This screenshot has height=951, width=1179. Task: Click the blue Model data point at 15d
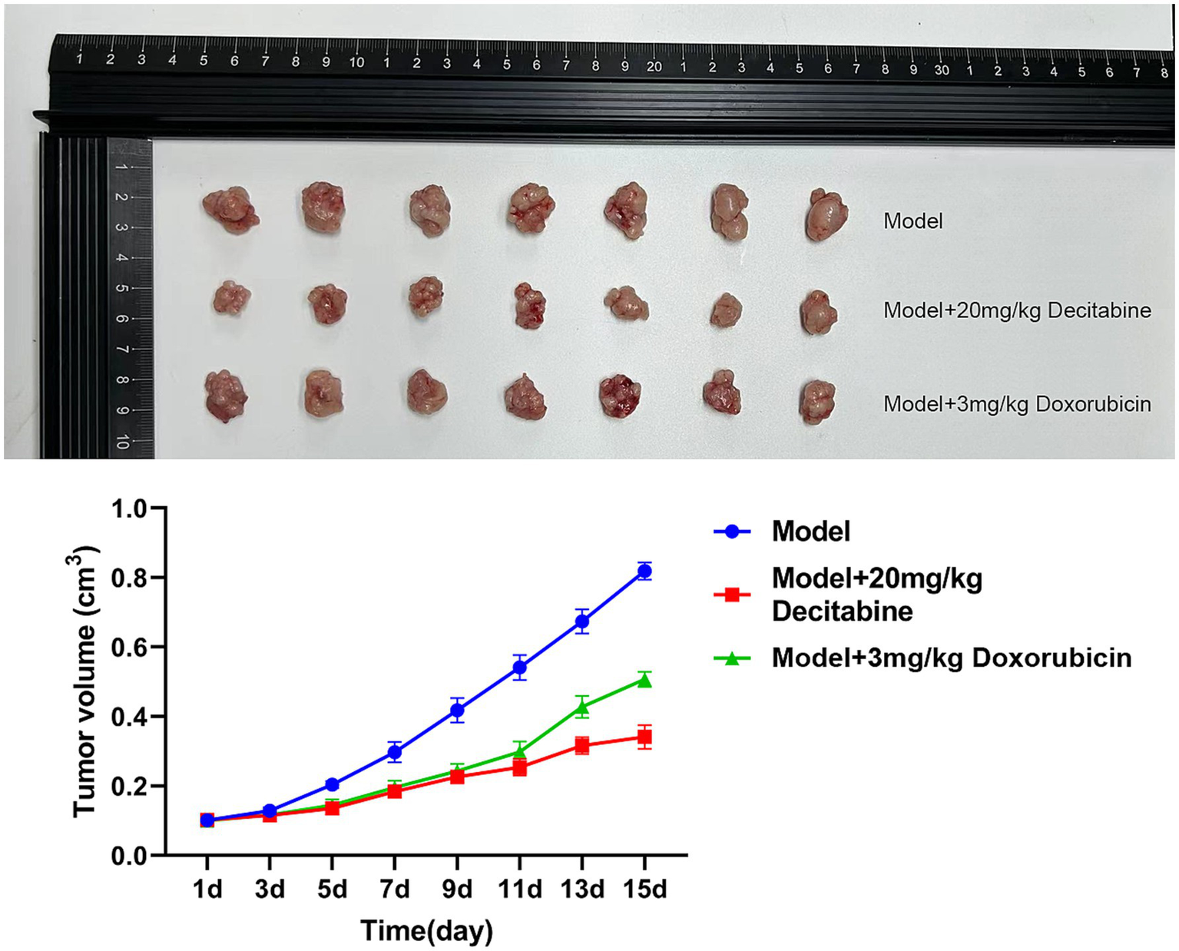point(644,571)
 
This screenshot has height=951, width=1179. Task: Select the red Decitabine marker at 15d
point(644,737)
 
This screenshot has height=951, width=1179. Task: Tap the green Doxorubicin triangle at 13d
point(582,707)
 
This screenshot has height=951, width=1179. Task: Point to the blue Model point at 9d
point(457,710)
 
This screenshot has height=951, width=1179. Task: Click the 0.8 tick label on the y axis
point(134,578)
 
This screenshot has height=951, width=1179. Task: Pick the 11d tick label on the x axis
point(519,889)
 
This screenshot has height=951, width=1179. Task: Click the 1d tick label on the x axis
point(207,889)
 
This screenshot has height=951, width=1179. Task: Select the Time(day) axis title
point(426,930)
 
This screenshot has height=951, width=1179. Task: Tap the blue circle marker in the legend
point(732,531)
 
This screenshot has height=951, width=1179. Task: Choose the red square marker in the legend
point(732,595)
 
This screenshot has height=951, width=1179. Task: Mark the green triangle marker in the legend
point(732,658)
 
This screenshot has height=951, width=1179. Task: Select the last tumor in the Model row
point(826,214)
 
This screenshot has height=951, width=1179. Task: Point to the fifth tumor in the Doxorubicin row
point(620,396)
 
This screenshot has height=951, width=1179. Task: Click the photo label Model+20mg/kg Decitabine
point(1017,310)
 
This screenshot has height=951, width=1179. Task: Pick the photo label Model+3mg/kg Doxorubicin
point(1017,404)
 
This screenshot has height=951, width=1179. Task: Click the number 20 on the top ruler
point(654,67)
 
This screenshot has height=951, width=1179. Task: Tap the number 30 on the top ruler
point(941,70)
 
